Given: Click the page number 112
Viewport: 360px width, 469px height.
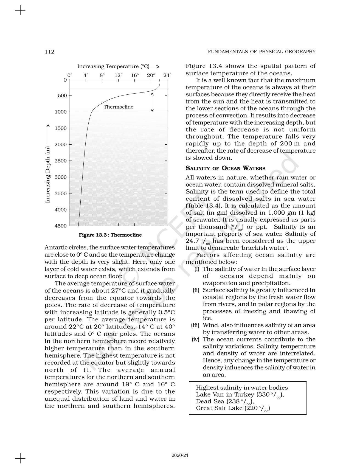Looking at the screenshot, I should pyautogui.click(x=49, y=52).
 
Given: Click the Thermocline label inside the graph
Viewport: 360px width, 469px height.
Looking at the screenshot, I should pyautogui.click(x=118, y=107).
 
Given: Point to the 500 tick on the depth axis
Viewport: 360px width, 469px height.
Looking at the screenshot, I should pyautogui.click(x=62, y=96).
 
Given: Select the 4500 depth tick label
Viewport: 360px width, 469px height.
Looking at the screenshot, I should pyautogui.click(x=61, y=226).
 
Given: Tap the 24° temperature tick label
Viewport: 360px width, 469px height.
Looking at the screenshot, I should pyautogui.click(x=167, y=75).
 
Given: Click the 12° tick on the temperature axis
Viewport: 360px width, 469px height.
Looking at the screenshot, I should pyautogui.click(x=119, y=75).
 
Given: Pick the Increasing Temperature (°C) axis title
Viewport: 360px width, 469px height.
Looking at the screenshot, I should pyautogui.click(x=113, y=66).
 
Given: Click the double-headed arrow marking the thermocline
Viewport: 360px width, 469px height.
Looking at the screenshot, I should pyautogui.click(x=152, y=102).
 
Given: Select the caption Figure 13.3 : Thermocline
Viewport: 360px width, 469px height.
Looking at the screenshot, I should pyautogui.click(x=110, y=235).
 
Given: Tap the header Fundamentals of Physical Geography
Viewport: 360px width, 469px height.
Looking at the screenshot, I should pyautogui.click(x=261, y=52).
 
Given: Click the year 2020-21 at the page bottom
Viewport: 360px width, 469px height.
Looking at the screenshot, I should pyautogui.click(x=180, y=455).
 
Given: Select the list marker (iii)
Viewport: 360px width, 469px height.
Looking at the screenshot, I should pyautogui.click(x=195, y=325).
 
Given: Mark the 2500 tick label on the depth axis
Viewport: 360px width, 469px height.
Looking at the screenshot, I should pyautogui.click(x=61, y=161).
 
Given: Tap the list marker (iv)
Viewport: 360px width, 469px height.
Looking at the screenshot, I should pyautogui.click(x=195, y=339).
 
